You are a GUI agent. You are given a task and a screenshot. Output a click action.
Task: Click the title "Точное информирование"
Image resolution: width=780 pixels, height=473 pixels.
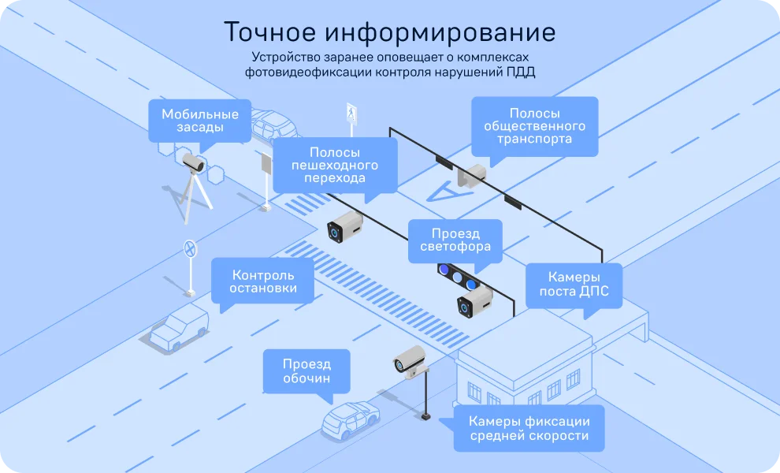coord(389,32)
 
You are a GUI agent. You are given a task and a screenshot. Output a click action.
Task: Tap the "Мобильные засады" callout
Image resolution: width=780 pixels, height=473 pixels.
coord(200,121)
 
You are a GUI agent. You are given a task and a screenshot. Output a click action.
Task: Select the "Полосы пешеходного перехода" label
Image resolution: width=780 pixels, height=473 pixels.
coord(335,166)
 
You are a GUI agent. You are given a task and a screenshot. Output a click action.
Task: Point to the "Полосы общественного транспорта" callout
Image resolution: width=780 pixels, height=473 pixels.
coord(535,126)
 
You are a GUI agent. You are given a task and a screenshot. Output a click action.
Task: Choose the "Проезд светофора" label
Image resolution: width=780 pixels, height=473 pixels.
coord(455,240)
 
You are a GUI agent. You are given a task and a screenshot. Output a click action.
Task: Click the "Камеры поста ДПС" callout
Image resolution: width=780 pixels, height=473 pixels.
coord(574,285)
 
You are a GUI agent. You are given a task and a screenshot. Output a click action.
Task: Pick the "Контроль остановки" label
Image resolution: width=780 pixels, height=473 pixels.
coord(262,281)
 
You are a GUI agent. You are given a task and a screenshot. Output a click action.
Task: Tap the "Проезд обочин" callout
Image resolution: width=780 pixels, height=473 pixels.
coord(306,371)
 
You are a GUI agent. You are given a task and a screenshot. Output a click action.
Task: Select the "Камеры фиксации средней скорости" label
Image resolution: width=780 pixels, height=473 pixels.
coord(529,429)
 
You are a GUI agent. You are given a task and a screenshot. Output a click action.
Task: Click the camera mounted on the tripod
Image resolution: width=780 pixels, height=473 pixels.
coord(192,163)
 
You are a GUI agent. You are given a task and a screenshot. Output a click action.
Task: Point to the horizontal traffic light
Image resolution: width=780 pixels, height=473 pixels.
coord(458,277)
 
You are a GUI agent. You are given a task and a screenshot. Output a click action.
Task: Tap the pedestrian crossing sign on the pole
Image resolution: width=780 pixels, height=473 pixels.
coord(351,114)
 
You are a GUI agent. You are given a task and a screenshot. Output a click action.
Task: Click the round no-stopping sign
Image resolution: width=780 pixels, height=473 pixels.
coord(190,248)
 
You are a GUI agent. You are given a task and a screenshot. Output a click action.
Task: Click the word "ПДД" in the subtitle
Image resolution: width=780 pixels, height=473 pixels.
coord(521,73)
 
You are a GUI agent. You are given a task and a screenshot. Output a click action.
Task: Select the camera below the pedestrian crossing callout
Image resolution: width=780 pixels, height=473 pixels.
coord(345,226)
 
